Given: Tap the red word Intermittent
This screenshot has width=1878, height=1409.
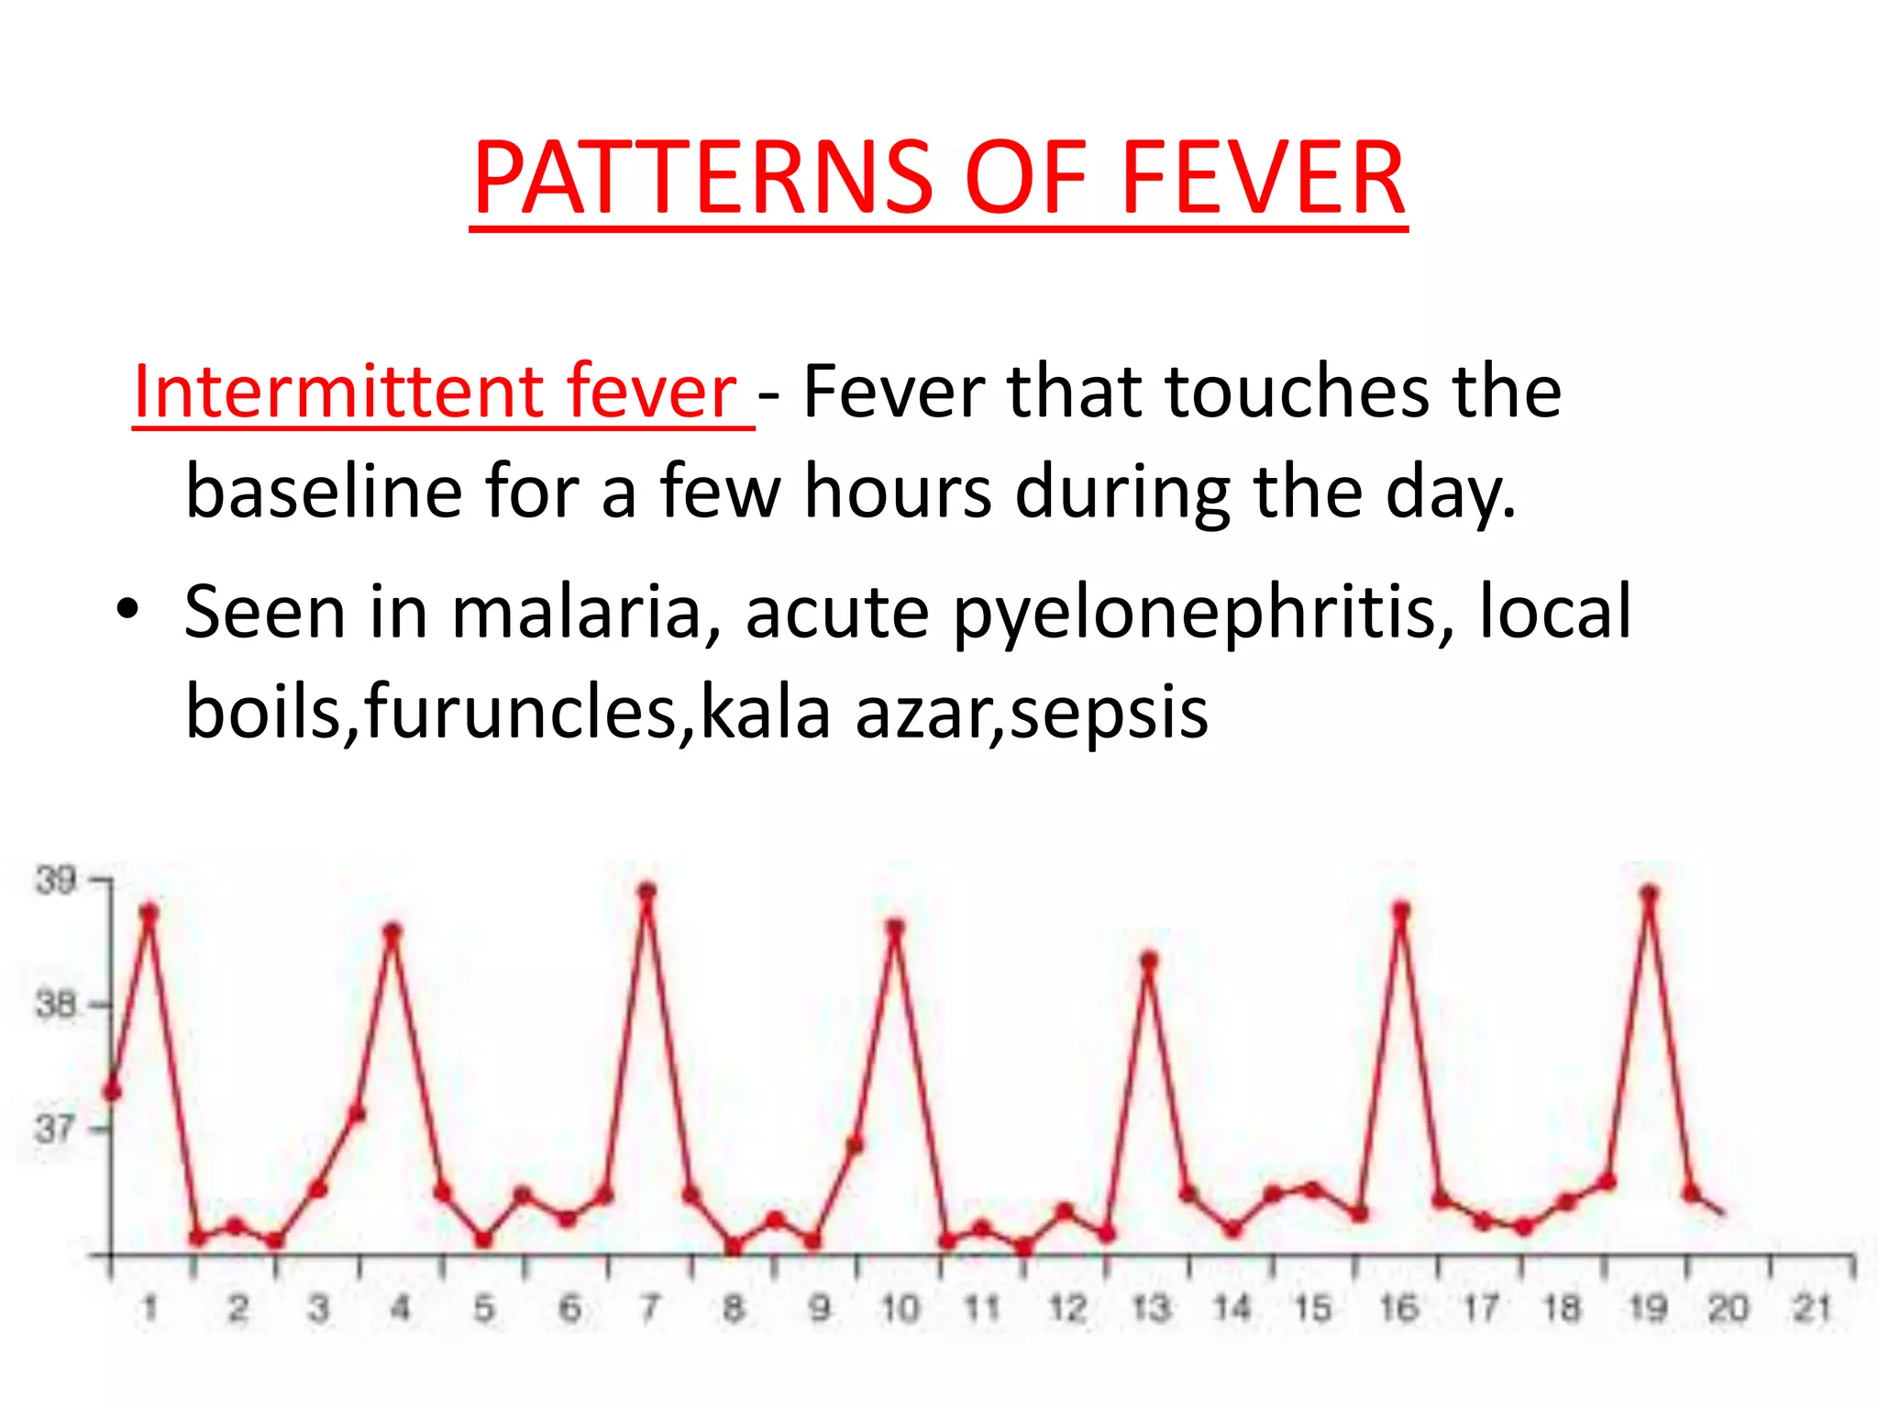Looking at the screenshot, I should (x=339, y=392).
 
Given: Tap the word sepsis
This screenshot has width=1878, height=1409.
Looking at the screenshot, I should (x=1110, y=713).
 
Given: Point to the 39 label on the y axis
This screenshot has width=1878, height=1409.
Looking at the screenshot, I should (x=55, y=880).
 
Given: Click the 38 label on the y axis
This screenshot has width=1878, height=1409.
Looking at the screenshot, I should (x=55, y=1004).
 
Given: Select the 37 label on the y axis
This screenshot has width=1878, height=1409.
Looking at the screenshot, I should (x=55, y=1128).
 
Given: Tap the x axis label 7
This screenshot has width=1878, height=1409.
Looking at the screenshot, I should (x=649, y=1308).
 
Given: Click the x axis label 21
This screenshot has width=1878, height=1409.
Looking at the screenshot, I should (x=1812, y=1308).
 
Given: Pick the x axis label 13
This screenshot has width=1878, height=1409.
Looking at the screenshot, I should (x=1150, y=1308).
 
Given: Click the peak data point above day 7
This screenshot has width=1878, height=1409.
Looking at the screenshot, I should (x=646, y=892).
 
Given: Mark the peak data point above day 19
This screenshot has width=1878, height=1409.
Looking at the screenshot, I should (x=1649, y=893).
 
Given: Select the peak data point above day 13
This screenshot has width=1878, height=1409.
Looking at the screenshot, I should (x=1149, y=960).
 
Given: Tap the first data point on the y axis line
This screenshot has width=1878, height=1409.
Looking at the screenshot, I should (x=112, y=1092).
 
